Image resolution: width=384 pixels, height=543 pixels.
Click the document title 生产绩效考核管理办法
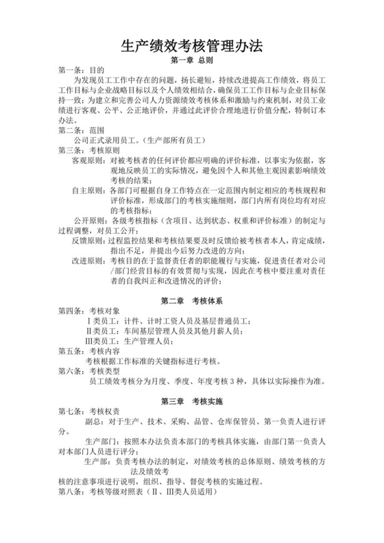click(x=192, y=46)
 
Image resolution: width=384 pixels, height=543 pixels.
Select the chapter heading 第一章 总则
click(x=192, y=60)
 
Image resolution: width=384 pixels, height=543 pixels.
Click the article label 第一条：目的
click(x=81, y=71)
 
